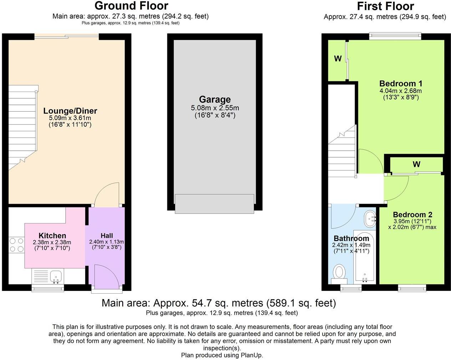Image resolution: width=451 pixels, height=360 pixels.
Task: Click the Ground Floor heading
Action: click(x=131, y=6)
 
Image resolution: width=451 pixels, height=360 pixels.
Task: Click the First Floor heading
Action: click(x=385, y=6)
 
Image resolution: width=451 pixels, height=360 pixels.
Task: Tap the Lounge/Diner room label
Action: click(x=70, y=111)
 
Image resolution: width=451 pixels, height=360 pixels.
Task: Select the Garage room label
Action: click(x=215, y=99)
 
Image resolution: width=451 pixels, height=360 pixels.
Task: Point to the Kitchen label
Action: click(x=52, y=236)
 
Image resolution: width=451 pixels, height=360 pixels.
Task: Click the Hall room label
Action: click(x=107, y=236)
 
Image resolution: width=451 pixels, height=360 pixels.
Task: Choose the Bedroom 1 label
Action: click(x=401, y=83)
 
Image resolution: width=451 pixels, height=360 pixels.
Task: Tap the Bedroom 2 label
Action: click(x=412, y=215)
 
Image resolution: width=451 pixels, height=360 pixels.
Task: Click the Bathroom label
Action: click(x=351, y=238)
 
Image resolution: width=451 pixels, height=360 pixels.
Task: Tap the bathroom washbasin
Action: click(x=370, y=218)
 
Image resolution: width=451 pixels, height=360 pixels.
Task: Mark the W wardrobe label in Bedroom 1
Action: click(x=338, y=59)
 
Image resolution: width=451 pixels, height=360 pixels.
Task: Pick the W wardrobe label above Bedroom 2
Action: click(x=416, y=164)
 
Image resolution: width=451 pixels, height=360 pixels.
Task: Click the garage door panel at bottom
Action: click(x=214, y=204)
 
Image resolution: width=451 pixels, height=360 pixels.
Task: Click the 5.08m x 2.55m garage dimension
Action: click(x=215, y=108)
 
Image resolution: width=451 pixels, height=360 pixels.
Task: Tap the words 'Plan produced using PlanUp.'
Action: click(x=222, y=355)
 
